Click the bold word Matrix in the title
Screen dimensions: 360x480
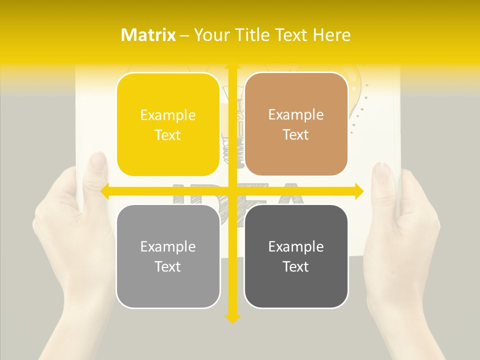(148, 35)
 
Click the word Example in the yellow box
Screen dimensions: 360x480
(168, 115)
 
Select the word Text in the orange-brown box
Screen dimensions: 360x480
(296, 135)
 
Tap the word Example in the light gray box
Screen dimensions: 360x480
(168, 246)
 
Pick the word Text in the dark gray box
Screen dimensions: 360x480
(296, 266)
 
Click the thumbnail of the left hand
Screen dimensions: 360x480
(98, 162)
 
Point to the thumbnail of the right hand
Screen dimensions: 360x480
(382, 171)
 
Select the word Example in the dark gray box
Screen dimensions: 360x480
(296, 246)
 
